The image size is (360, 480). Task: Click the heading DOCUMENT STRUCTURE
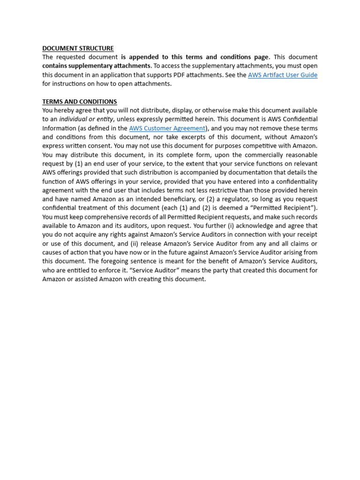pyautogui.click(x=78, y=48)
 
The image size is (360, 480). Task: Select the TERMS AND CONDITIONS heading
pyautogui.click(x=80, y=102)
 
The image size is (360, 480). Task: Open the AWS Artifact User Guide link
pyautogui.click(x=283, y=75)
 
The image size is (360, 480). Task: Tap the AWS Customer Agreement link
pyautogui.click(x=167, y=128)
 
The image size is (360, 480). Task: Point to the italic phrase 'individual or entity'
pyautogui.click(x=86, y=120)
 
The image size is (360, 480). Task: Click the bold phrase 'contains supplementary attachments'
pyautogui.click(x=97, y=66)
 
